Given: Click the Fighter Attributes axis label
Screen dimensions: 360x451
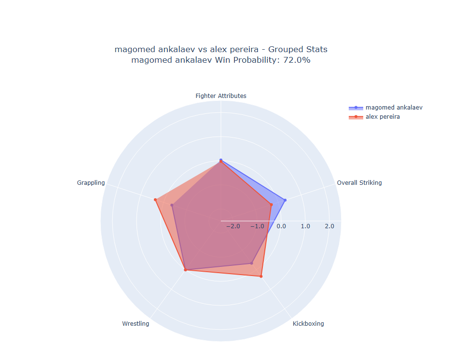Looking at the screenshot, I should point(220,96).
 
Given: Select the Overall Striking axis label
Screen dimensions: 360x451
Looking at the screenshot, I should point(359,183).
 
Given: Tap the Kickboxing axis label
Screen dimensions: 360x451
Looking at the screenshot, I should point(308,324).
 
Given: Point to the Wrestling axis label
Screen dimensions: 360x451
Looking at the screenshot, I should point(136,324).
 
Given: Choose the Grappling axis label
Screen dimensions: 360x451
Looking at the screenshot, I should point(91,183).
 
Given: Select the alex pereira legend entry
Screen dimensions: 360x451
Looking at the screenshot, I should point(383,117).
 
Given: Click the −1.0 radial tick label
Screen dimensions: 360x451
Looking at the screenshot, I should point(257,226).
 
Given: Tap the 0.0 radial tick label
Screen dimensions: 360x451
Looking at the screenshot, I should point(281,226).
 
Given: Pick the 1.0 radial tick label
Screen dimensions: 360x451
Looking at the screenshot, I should point(305,226).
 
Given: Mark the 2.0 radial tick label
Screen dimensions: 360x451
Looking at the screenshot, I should point(329,226).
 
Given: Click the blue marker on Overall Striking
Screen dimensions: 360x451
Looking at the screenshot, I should point(285,200).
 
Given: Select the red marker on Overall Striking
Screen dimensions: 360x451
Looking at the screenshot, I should point(271,205).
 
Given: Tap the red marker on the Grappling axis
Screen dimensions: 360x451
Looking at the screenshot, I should point(155,200).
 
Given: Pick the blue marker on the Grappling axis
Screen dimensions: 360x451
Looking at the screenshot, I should point(172,206).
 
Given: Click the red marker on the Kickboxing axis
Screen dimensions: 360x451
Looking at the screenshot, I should point(261,277).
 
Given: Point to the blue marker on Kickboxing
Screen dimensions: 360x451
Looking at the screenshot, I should point(251,263).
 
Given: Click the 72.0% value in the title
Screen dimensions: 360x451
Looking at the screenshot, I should point(296,60).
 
